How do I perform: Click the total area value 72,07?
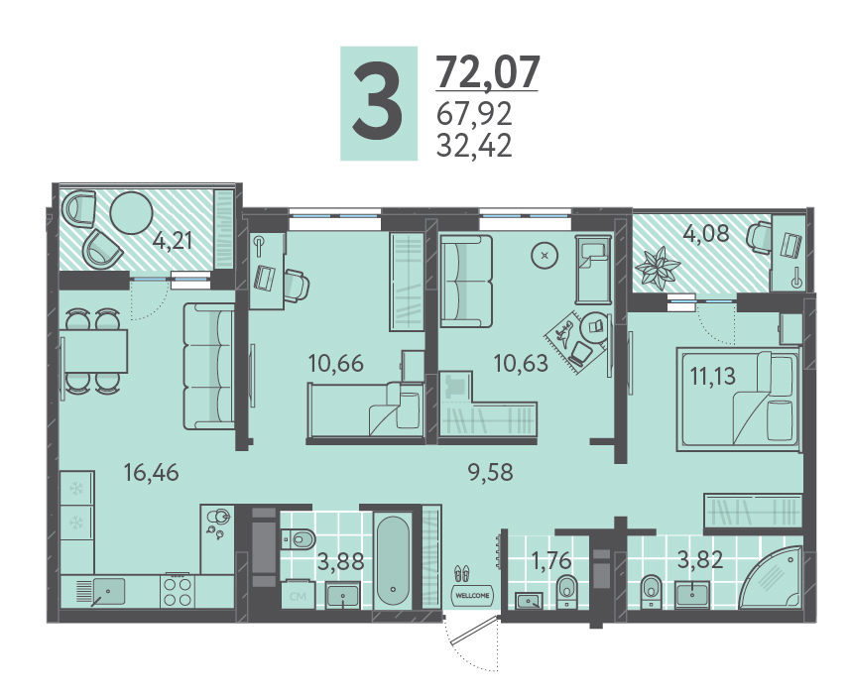pos(488,72)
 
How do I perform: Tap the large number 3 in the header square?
pos(378,103)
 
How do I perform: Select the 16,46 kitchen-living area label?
pos(151,473)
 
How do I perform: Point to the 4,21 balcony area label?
pos(173,240)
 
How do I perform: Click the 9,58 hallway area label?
pos(491,472)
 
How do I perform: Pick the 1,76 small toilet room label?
pos(551,561)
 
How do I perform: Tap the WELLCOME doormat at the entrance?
pos(472,595)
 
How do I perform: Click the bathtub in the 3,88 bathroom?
pos(393,560)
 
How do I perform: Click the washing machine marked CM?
pos(298,595)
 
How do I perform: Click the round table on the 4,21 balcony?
pos(132,213)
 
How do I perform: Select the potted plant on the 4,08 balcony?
pos(658,266)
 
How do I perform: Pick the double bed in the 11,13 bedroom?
pos(739,400)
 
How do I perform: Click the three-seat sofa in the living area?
pos(209,367)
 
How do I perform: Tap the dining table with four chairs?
pos(93,351)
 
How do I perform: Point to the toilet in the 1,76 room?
pos(567,591)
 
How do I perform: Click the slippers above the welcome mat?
pos(461,573)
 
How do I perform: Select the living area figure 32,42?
pos(474,145)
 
